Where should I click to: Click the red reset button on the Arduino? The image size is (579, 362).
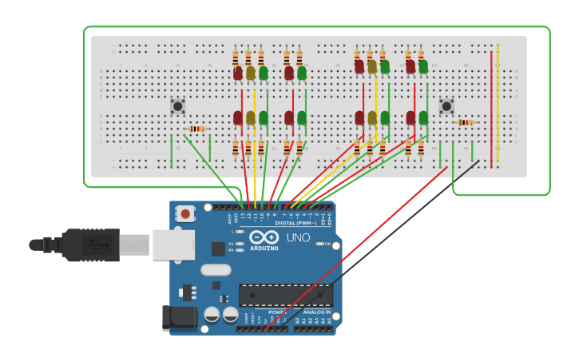point(186,213)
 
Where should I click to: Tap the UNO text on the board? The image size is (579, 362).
point(298,237)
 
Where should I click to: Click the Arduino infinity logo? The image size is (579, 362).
point(263,237)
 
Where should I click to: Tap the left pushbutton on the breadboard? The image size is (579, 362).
point(177,105)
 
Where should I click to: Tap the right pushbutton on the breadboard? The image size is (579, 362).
point(446,105)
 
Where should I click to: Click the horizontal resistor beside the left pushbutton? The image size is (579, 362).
point(196,129)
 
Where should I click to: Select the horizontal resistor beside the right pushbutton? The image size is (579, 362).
point(466,122)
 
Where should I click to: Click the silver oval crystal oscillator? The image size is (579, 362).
point(216,270)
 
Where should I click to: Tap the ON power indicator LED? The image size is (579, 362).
point(319,244)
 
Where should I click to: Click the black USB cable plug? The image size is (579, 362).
point(88,244)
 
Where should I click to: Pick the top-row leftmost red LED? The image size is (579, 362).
point(238,73)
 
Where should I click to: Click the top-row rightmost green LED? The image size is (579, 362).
point(423,66)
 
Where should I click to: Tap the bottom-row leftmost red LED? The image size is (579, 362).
point(238,118)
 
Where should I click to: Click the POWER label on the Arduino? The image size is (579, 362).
point(276,312)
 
